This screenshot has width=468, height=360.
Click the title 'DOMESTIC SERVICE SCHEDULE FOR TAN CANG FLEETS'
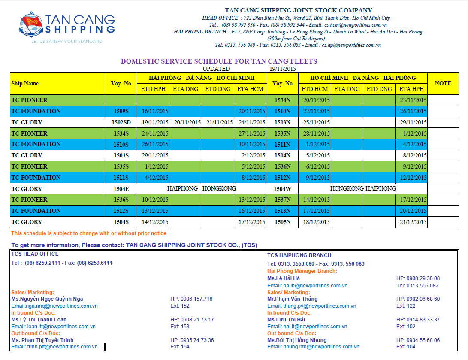[x=219, y=61]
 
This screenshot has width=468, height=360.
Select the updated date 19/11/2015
[x=283, y=69]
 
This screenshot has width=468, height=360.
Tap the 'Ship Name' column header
[x=25, y=84]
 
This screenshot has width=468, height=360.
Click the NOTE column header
[x=443, y=83]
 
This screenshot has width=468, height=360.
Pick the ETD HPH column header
[x=153, y=89]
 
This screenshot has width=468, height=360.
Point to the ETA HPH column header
[x=411, y=89]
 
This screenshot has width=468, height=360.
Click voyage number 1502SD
[x=121, y=122]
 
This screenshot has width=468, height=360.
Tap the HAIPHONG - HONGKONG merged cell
[x=202, y=188]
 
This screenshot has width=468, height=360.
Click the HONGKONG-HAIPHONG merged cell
[x=363, y=188]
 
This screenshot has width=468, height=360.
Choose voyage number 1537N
[x=282, y=200]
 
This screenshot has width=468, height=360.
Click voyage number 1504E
[x=121, y=189]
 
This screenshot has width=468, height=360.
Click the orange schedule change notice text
[x=89, y=233]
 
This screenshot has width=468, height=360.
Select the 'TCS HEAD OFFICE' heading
[x=35, y=254]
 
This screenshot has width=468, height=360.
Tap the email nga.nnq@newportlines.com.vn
[x=54, y=306]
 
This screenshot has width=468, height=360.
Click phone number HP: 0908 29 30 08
[x=418, y=278]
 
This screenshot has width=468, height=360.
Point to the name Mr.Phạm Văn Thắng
[x=292, y=299]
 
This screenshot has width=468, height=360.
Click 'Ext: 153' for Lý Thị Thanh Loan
[x=180, y=327]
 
